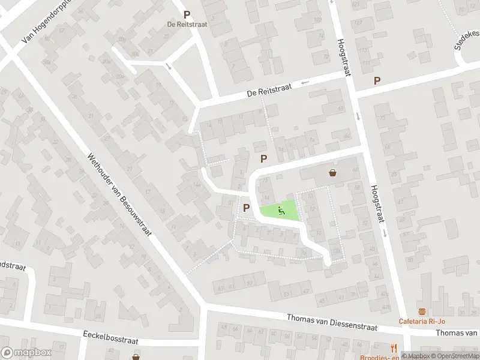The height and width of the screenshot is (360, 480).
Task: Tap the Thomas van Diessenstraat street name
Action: (x=331, y=323)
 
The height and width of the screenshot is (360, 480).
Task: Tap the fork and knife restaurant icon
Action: (x=394, y=348)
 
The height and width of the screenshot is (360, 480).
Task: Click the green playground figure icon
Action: (x=281, y=210)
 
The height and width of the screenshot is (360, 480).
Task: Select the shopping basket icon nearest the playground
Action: (x=333, y=173)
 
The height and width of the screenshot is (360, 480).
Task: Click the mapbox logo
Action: (x=25, y=352)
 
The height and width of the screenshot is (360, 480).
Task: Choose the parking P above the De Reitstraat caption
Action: (x=187, y=15)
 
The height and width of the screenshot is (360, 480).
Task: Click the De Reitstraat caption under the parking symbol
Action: (x=187, y=25)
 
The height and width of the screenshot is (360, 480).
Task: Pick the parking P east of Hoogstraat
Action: (x=377, y=81)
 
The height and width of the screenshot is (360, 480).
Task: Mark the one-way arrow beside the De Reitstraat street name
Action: (x=305, y=82)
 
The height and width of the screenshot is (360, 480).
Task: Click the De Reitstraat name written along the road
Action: (x=269, y=91)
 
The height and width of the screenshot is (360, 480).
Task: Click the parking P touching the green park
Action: (x=246, y=207)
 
